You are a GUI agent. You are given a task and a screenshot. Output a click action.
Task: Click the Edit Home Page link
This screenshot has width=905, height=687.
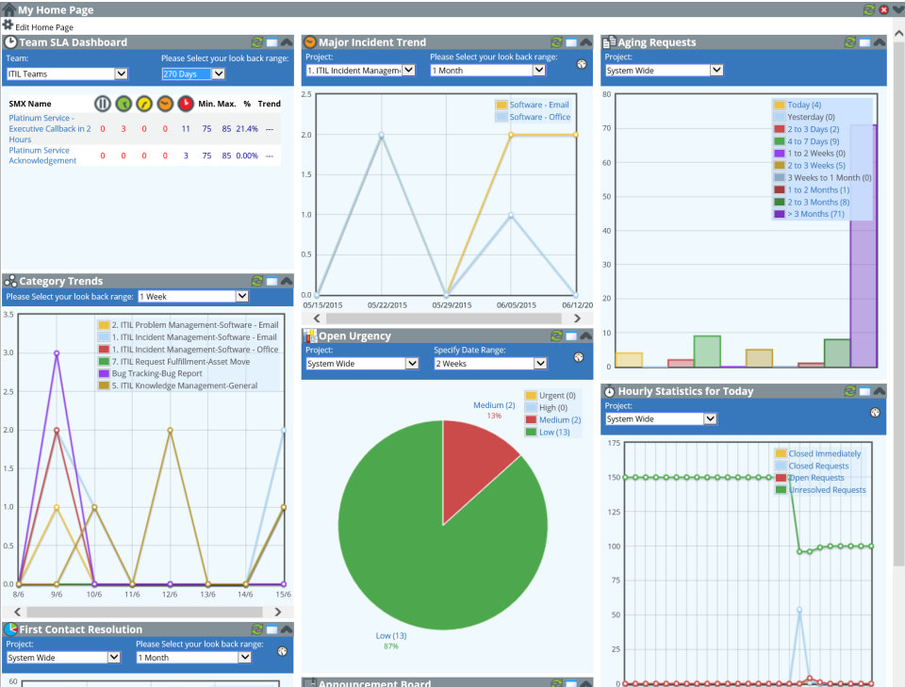click(43, 27)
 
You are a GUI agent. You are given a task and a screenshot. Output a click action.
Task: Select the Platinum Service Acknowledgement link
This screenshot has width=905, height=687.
click(42, 155)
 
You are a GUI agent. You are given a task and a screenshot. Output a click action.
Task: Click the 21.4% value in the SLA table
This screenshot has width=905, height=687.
click(247, 128)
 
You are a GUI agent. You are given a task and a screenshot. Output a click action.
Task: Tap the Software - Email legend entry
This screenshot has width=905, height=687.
click(538, 105)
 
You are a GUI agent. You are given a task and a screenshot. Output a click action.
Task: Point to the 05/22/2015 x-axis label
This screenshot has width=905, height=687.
click(382, 304)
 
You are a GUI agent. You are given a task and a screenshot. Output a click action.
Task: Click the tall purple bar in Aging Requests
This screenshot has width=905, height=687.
click(863, 245)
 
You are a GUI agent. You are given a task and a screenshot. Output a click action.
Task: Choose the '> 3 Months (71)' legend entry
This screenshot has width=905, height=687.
click(816, 214)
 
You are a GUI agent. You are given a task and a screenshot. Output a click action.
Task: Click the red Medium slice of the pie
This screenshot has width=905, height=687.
click(475, 452)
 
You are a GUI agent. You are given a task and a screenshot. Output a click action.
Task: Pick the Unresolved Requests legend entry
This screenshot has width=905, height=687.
click(827, 490)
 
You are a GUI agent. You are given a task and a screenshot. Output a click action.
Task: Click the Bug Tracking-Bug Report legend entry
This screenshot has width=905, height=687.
click(156, 373)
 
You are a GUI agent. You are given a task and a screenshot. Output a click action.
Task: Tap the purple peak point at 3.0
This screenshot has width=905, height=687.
click(57, 353)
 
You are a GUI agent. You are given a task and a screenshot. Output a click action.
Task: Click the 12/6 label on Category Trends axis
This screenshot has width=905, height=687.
click(170, 594)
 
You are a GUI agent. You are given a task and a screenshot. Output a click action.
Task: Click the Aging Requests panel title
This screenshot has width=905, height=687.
click(656, 42)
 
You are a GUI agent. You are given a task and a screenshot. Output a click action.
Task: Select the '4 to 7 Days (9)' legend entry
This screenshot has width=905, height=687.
click(813, 141)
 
